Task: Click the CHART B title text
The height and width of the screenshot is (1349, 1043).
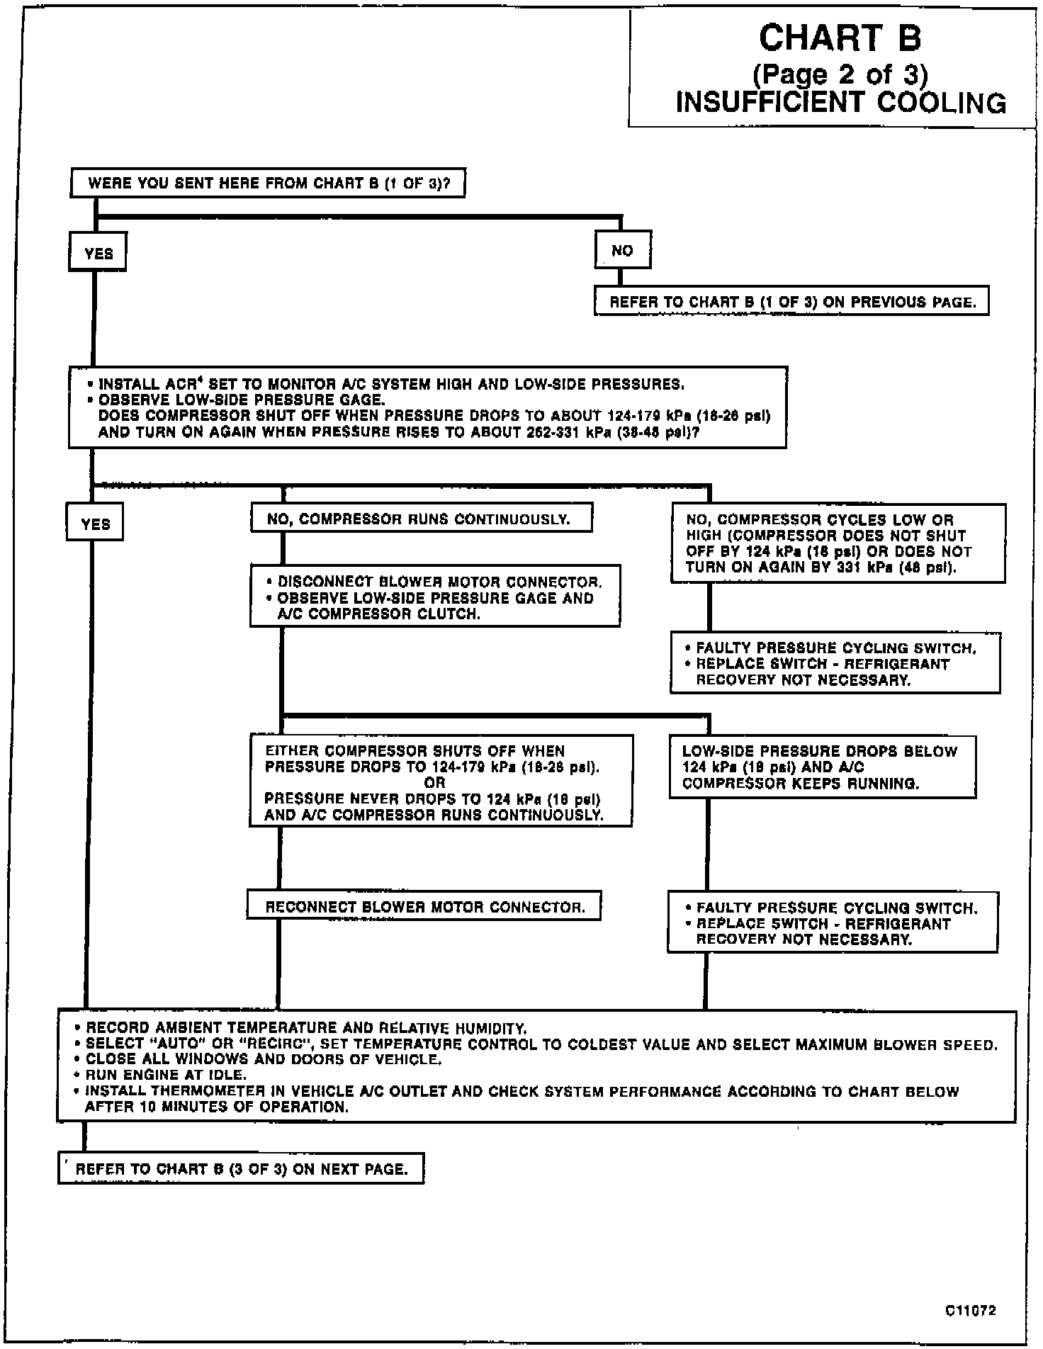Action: [840, 38]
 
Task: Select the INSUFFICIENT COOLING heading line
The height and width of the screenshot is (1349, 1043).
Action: [840, 103]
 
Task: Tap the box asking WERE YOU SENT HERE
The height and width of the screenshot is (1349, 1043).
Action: [268, 184]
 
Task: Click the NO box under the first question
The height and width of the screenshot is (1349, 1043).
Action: [623, 250]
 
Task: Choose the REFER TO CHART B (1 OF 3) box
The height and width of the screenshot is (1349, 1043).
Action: [791, 302]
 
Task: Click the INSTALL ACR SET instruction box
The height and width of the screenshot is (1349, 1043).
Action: [427, 407]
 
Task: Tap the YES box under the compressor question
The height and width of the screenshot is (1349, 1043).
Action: [95, 524]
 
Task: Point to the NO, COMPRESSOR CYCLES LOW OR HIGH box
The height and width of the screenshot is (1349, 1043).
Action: [838, 543]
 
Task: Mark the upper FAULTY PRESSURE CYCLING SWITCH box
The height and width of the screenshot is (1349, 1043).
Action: [835, 664]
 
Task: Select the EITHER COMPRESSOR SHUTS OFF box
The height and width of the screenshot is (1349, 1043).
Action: [440, 782]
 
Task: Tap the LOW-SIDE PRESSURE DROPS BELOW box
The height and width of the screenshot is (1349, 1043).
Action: [822, 767]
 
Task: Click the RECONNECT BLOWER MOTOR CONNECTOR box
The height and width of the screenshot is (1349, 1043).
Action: [424, 907]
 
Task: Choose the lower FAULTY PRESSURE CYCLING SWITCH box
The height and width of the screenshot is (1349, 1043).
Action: [833, 923]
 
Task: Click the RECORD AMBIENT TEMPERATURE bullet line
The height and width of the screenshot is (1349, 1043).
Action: [305, 1028]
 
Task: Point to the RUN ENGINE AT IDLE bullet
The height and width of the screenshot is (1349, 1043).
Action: [166, 1075]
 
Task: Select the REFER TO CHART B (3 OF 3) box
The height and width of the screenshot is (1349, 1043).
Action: [241, 1169]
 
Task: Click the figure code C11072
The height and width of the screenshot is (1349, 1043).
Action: [970, 1311]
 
